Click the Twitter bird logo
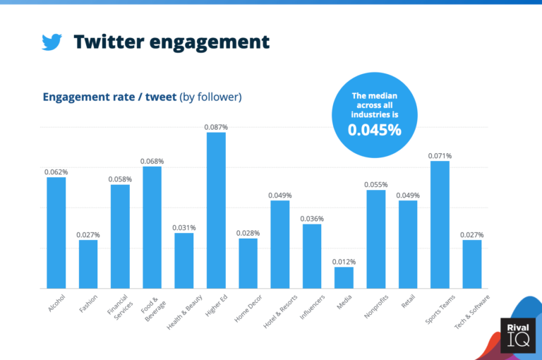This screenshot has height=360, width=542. pyautogui.click(x=52, y=42)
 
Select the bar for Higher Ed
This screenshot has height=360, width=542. pyautogui.click(x=216, y=210)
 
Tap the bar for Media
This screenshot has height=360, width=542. pyautogui.click(x=344, y=277)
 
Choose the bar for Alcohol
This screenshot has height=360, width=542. pyautogui.click(x=56, y=232)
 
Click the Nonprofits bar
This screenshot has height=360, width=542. pyautogui.click(x=376, y=239)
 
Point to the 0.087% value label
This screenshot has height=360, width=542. pyautogui.click(x=216, y=127)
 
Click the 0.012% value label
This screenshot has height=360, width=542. pyautogui.click(x=344, y=262)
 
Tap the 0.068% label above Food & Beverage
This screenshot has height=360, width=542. pyautogui.click(x=152, y=161)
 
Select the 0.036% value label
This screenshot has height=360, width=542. pyautogui.click(x=312, y=219)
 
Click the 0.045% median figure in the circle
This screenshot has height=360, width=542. pyautogui.click(x=374, y=130)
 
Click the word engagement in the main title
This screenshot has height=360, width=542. pyautogui.click(x=208, y=42)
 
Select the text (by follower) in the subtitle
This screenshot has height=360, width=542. pyautogui.click(x=210, y=97)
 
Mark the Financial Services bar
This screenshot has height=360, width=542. pyautogui.click(x=120, y=236)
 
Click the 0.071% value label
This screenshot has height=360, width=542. pyautogui.click(x=440, y=156)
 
